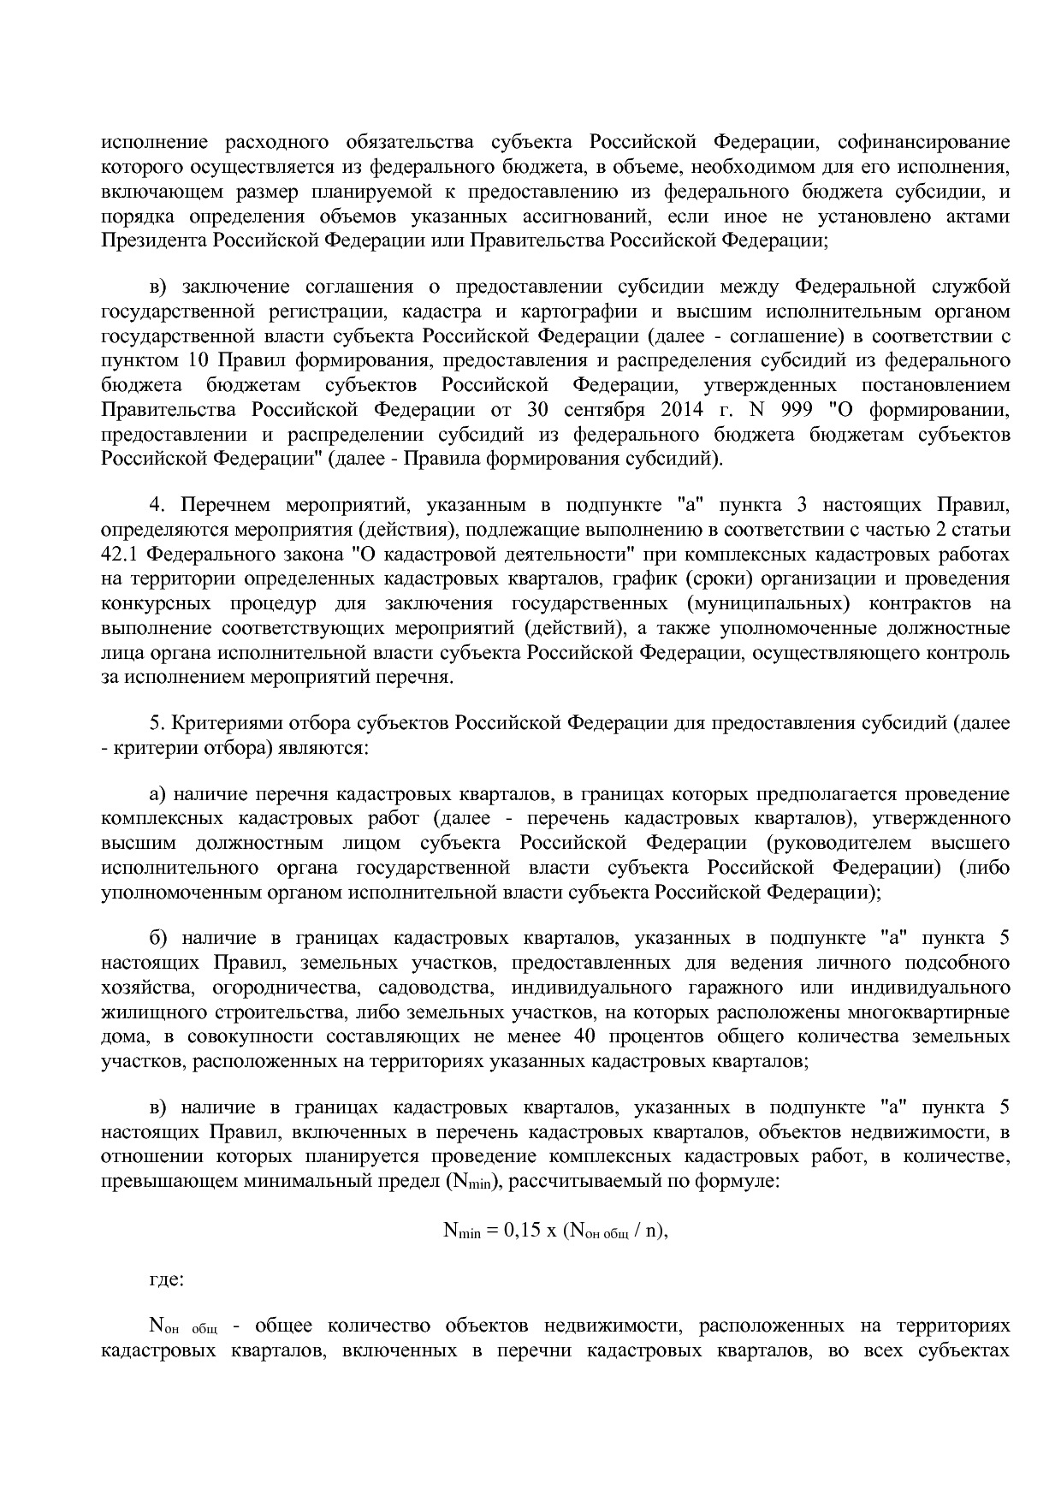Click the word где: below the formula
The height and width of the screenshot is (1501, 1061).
pos(166,1279)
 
